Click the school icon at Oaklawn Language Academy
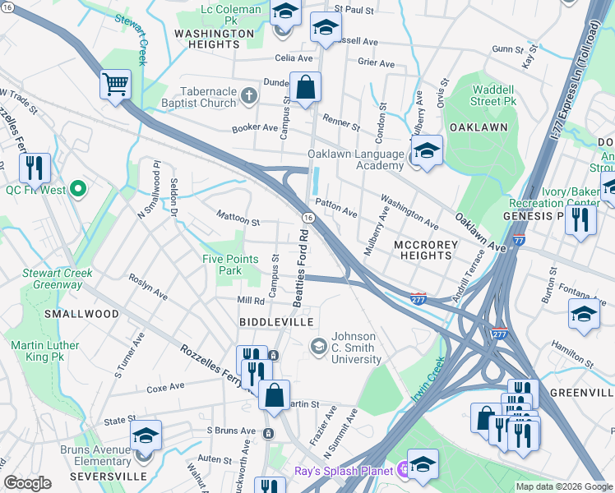[x=427, y=151]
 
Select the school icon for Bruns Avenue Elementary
[x=146, y=435]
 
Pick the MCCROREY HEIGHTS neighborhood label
[x=422, y=250]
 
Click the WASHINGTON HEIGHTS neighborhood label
[x=215, y=39]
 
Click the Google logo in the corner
[x=28, y=482]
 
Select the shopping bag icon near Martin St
[x=275, y=394]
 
